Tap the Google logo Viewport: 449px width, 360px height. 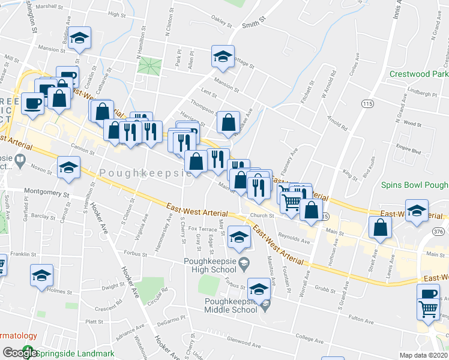[19, 353]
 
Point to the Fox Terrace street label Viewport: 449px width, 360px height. [202, 229]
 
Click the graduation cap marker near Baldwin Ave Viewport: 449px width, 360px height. [79, 38]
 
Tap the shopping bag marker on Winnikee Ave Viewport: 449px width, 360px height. [228, 122]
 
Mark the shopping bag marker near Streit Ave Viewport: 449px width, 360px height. [380, 227]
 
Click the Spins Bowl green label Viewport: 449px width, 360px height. [415, 185]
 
